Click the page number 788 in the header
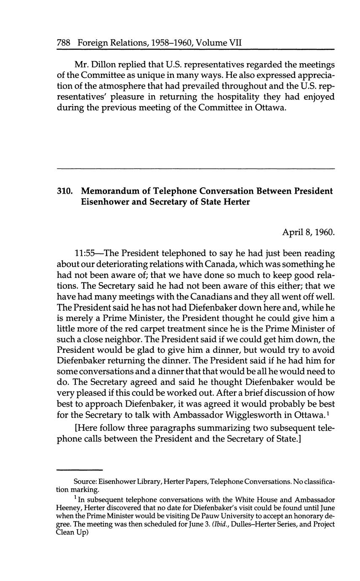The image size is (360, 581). point(64,43)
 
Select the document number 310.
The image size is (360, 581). point(65,192)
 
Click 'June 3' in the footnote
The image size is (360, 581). point(219,524)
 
